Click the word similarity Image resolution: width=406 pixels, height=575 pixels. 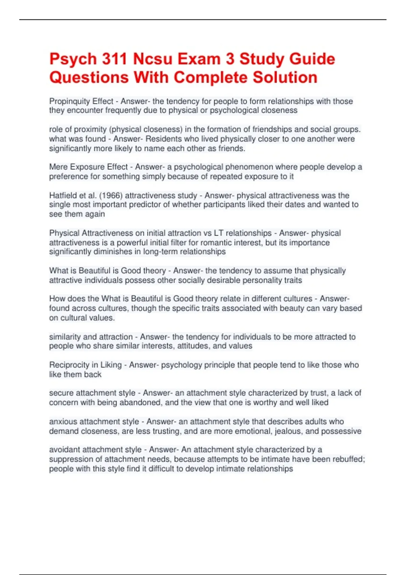(x=65, y=337)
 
